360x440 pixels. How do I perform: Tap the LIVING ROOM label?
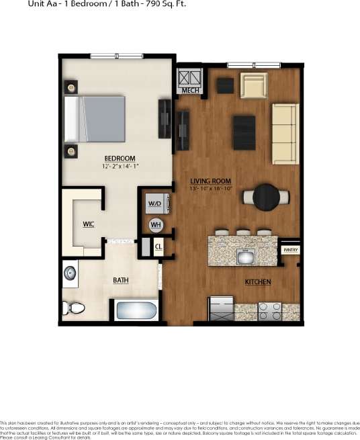210,181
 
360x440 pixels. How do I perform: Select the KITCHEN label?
257,281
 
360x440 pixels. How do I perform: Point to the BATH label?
121,280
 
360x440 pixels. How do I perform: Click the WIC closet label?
89,224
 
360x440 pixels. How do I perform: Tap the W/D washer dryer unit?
154,202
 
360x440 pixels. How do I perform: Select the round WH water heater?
156,225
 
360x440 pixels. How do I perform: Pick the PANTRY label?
290,250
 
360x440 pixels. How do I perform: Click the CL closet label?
159,247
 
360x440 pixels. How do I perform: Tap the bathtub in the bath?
136,310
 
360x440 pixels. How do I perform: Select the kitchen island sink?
245,255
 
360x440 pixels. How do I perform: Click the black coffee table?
243,132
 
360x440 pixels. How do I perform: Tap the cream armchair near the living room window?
255,85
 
